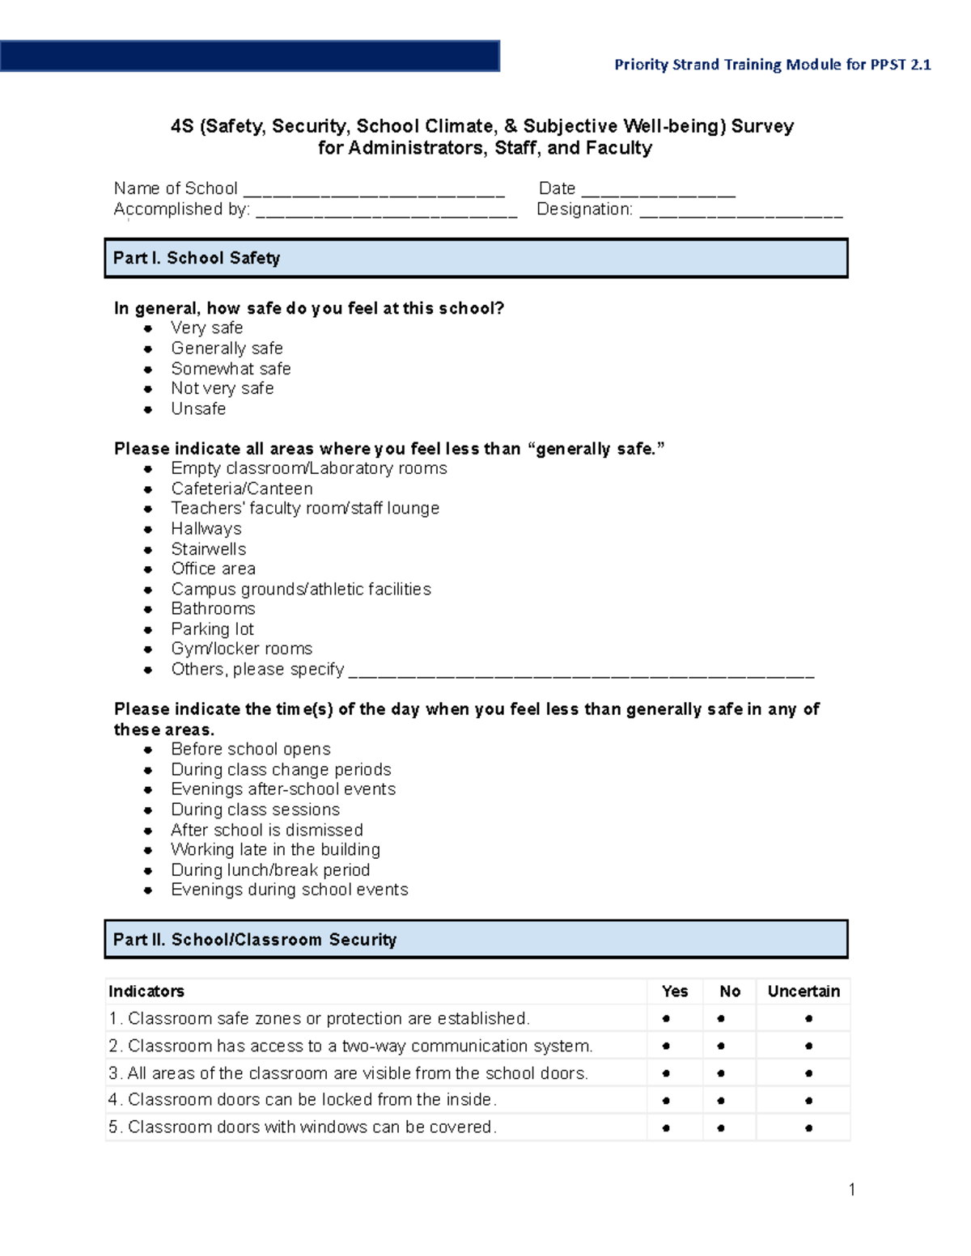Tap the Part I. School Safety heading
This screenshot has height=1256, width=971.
pos(197,258)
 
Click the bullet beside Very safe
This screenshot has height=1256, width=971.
pos(148,328)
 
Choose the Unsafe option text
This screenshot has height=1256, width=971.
pos(198,408)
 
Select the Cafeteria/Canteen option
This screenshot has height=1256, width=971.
pos(241,488)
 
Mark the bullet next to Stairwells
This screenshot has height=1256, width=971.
pos(148,549)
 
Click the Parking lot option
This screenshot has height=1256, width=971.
pos(212,629)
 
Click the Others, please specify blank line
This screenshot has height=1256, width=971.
pos(580,672)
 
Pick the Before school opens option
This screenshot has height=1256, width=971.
pos(250,749)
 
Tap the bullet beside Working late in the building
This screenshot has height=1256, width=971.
pos(148,850)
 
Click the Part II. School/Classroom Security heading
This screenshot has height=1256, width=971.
pos(255,940)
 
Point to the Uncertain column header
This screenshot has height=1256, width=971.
pos(804,992)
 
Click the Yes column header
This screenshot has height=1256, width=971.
pos(674,992)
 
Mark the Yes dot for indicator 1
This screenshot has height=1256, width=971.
pos(666,1019)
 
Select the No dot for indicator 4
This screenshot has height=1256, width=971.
pos(721,1101)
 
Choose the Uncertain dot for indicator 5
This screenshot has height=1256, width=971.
pos(808,1128)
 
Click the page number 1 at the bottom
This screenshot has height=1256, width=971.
pos(851,1189)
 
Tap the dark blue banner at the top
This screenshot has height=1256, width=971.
pos(249,57)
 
